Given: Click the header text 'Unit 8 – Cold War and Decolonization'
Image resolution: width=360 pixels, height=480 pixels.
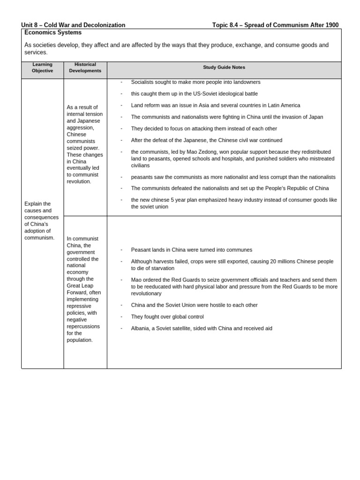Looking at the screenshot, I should pyautogui.click(x=73, y=25).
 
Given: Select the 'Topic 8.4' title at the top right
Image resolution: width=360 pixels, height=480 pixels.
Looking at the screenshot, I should pyautogui.click(x=275, y=25).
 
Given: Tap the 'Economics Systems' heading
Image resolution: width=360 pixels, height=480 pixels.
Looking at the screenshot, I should pyautogui.click(x=52, y=32).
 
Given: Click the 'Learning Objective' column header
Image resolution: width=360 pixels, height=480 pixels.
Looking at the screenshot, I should pyautogui.click(x=42, y=67).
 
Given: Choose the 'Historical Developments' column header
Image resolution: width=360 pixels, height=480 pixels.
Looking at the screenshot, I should pyautogui.click(x=85, y=67).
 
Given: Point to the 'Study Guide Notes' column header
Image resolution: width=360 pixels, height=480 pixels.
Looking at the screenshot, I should pyautogui.click(x=224, y=67).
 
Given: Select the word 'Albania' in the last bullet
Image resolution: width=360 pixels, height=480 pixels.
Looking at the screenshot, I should pyautogui.click(x=140, y=328).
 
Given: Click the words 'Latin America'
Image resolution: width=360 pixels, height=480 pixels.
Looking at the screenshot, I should pyautogui.click(x=284, y=105).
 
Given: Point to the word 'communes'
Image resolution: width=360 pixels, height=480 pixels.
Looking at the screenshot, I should pyautogui.click(x=240, y=250).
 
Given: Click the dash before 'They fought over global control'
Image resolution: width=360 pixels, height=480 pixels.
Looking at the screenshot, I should pyautogui.click(x=121, y=317).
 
